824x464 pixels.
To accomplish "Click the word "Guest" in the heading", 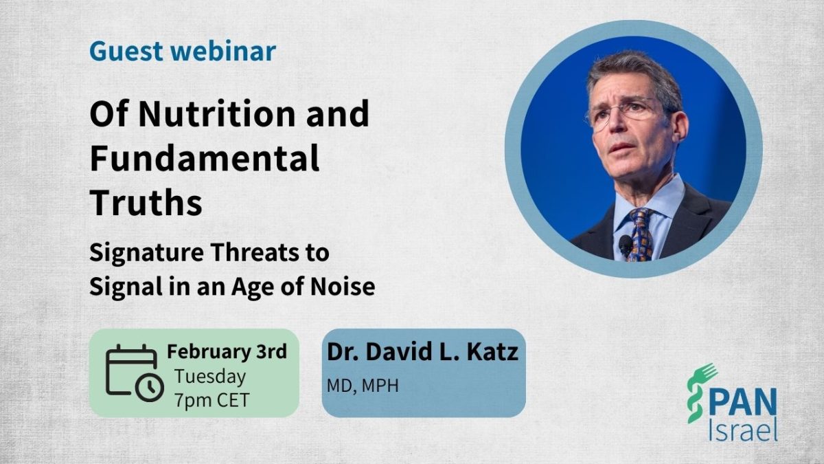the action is coord(126,51).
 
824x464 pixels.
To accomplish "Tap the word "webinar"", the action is coord(224,50).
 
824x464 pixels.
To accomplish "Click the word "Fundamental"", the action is coord(204,158).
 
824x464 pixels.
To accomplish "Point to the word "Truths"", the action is coord(146,202).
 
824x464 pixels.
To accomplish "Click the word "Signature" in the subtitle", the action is coord(146,254).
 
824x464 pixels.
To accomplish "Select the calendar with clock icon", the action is coord(135,373).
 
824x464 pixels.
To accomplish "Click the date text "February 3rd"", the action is coord(227,351).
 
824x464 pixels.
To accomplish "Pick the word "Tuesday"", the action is coord(210,377).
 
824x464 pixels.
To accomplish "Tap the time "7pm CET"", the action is coord(212,400).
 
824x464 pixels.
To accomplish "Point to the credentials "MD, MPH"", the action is coord(363,386).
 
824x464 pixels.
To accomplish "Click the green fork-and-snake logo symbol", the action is coord(700,393).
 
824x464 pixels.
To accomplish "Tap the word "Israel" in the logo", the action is coord(743,430).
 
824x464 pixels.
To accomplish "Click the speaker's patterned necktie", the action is coord(641,235).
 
